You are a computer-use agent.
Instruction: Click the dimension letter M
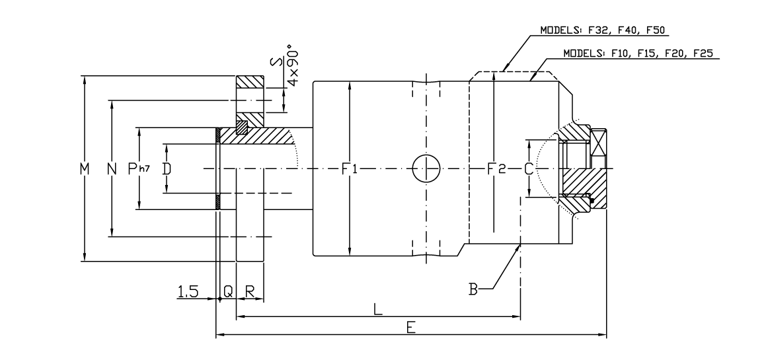84,169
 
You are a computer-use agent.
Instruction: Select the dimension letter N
112,169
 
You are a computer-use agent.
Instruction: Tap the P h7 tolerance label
139,169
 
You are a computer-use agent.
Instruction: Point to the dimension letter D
167,169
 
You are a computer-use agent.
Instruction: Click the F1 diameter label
350,169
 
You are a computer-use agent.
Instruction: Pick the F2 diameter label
496,169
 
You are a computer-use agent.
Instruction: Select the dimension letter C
528,169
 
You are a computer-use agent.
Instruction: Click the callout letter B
473,288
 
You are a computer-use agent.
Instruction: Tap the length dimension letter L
378,310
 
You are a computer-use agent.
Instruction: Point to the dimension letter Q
227,291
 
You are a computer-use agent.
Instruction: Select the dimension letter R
250,291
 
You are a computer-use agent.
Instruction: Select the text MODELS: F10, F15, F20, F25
638,53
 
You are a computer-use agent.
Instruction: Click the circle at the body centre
426,169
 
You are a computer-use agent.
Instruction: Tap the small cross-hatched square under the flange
242,126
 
